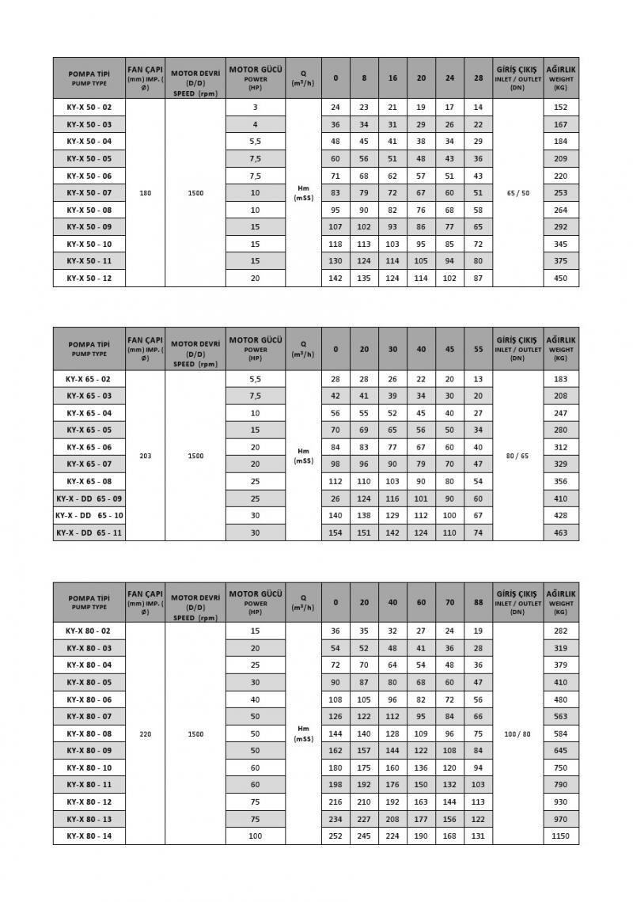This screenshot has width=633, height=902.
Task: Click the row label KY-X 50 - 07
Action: (89, 192)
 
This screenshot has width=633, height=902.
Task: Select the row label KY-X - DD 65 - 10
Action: (89, 515)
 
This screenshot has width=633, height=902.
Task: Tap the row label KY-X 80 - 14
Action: (89, 836)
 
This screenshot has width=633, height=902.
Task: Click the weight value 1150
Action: (561, 836)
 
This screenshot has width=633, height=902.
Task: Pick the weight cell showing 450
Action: (561, 279)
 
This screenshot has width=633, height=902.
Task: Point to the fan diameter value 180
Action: (146, 192)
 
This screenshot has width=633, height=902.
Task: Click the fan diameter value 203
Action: (146, 456)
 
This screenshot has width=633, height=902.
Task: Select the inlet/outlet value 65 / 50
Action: (517, 192)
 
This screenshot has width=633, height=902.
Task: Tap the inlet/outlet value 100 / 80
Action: (517, 734)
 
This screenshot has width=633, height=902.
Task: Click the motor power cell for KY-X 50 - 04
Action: (255, 141)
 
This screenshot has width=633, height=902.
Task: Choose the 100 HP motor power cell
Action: (255, 836)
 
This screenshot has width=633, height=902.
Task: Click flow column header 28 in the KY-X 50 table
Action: (478, 78)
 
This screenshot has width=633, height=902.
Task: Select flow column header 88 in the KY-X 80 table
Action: (478, 602)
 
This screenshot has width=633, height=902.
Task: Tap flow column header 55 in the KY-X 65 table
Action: (478, 349)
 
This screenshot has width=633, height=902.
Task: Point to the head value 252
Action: (335, 836)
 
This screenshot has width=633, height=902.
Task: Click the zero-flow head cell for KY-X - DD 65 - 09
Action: (335, 498)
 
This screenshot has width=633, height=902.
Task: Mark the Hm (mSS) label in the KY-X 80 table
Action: (304, 734)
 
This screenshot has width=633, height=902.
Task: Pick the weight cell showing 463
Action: (561, 532)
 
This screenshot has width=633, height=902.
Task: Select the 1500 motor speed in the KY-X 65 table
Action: (195, 456)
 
